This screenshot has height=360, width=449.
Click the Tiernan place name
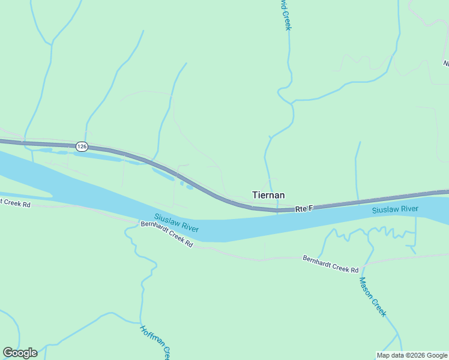pos(268,195)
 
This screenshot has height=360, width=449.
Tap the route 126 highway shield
pos(82,146)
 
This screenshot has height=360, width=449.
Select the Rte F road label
pos(304,209)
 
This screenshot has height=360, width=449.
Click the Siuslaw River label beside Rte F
pos(395,209)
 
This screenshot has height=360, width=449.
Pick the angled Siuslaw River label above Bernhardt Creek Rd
pos(176,223)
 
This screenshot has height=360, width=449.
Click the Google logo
pos(20,353)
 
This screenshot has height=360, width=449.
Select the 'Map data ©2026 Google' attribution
pos(412,355)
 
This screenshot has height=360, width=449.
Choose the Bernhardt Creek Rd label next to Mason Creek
pos(330,265)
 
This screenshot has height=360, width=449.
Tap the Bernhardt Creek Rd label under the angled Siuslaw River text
pos(167,235)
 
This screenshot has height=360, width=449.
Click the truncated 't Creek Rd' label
pos(15,203)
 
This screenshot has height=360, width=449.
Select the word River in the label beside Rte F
pos(408,209)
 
